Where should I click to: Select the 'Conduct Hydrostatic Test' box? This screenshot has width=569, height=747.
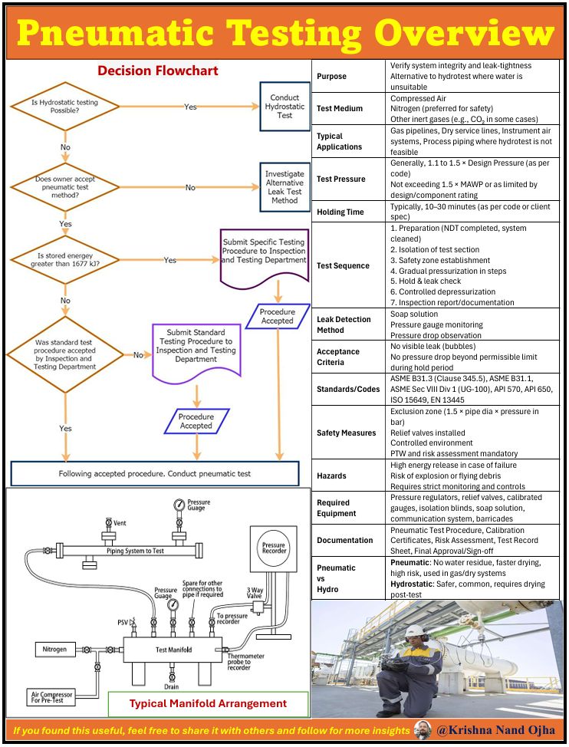284,107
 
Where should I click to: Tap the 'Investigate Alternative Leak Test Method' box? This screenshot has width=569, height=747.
284,187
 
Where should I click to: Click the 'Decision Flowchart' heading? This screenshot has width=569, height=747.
157,71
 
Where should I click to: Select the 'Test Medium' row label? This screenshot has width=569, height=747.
340,109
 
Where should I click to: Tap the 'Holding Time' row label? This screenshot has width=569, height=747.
340,212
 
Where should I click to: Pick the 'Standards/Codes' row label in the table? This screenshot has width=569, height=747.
348,389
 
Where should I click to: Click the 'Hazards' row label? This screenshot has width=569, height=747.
331,476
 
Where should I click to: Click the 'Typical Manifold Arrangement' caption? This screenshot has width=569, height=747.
208,703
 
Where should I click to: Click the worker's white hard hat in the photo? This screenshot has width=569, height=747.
415,631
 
